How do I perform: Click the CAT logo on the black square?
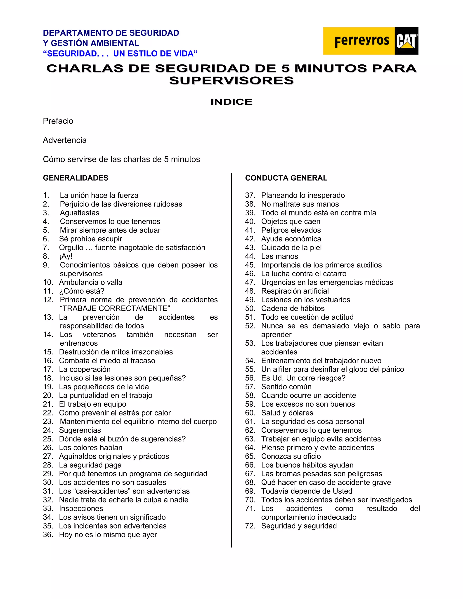(x=406, y=41)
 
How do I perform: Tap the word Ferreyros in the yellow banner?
(x=361, y=41)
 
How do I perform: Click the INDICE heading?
(x=231, y=102)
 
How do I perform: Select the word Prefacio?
(x=58, y=121)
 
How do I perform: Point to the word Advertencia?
(x=65, y=140)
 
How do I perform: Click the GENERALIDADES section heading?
(x=76, y=178)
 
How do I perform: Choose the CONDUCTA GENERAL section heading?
(x=286, y=178)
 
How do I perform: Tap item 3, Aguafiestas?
(x=80, y=213)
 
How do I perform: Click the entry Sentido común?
(x=286, y=387)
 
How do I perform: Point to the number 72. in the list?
(x=250, y=526)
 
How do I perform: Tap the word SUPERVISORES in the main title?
(x=231, y=81)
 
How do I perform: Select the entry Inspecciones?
(x=81, y=509)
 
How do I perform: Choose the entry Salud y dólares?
(x=287, y=413)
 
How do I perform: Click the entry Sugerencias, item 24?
(x=80, y=430)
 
